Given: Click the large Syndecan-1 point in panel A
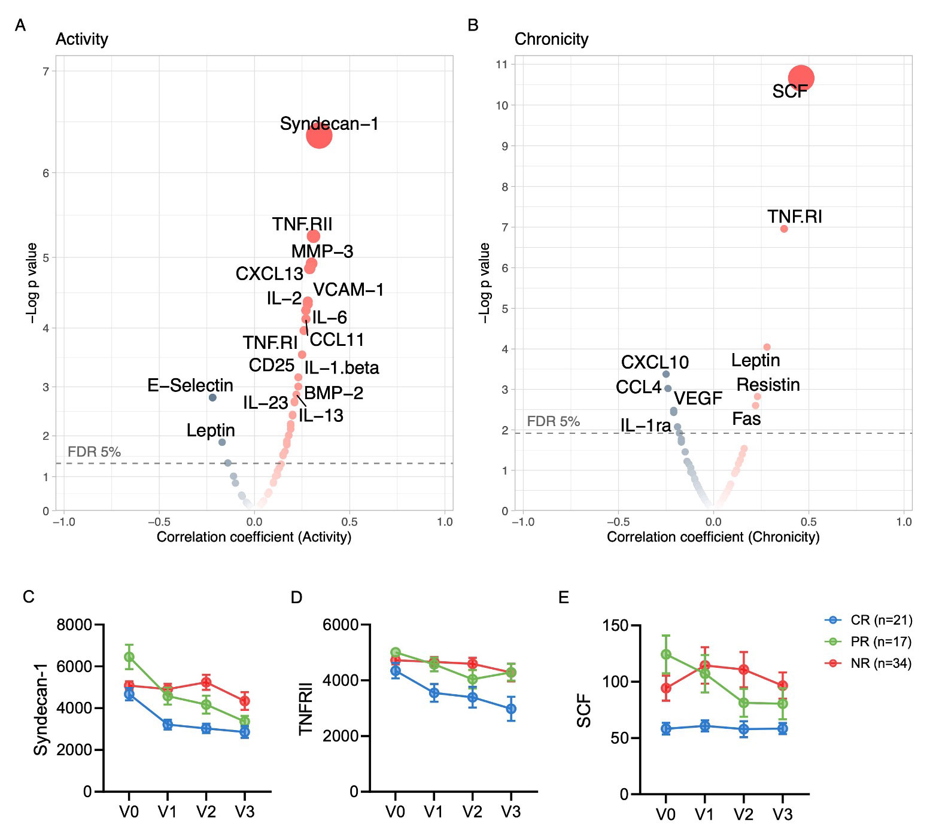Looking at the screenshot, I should pos(319,136).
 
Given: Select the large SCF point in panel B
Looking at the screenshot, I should pos(801,78).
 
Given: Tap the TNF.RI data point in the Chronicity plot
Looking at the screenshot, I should pos(784,229).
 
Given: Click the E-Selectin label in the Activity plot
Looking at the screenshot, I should pos(190,385).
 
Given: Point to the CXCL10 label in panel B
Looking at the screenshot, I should pos(655,362).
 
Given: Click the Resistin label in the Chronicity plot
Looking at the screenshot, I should pos(768,385).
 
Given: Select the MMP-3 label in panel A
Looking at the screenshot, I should pos(322,251).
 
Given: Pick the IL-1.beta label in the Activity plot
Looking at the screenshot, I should pos(342,367).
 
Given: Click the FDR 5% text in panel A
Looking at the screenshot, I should pos(94,452).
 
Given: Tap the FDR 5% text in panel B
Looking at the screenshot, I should pos(553,421).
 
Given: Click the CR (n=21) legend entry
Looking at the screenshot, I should pos(880,620).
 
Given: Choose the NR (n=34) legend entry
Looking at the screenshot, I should pos(880,663).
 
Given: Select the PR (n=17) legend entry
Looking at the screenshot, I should pos(880,642).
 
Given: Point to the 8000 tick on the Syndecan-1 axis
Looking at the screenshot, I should pos(74,625).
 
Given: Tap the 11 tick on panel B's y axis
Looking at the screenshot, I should pos(502,65).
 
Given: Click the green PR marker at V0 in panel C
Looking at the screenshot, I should pos(129,657).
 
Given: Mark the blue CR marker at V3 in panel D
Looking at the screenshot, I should pos(511,709).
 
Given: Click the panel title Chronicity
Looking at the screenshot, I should pos(551,39).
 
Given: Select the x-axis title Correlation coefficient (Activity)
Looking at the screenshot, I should pos(254,537).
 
